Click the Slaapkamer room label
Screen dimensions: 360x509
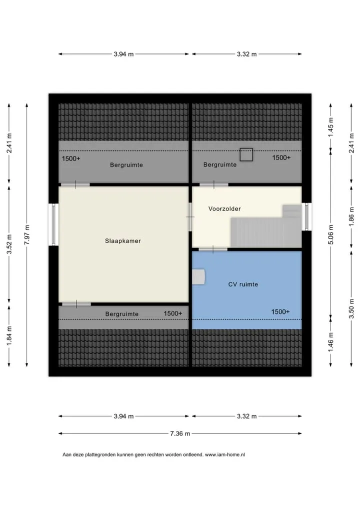tap(122, 241)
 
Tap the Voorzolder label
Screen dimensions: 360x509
tap(224, 208)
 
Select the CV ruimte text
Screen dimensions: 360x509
tap(243, 284)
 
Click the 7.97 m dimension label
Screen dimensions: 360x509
tap(27, 235)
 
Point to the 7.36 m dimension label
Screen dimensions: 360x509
tap(180, 433)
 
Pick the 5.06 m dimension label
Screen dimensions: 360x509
tap(331, 234)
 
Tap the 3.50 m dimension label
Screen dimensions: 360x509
tap(351, 308)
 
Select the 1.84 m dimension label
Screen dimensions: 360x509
tap(9, 336)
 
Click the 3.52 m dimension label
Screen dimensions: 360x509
tap(9, 244)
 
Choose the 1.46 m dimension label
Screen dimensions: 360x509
tap(331, 341)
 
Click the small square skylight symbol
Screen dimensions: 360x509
tap(246, 155)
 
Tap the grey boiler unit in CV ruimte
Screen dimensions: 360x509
tap(198, 277)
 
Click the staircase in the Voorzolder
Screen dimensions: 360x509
tap(266, 226)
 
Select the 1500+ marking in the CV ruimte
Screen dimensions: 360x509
tap(280, 311)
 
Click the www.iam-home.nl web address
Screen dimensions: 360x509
tap(225, 454)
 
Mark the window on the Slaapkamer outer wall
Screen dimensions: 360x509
tap(54, 224)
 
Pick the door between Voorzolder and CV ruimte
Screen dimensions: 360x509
tap(213, 249)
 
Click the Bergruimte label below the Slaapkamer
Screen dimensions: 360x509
tap(121, 314)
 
